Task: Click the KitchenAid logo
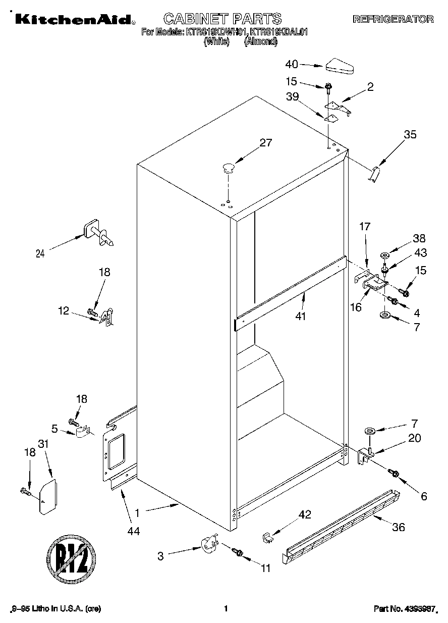74,19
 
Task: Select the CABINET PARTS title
222,19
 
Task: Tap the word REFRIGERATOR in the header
393,19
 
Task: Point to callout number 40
292,64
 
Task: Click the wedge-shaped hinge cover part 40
340,66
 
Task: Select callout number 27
265,142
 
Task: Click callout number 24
40,254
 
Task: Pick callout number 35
410,134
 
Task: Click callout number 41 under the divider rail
303,317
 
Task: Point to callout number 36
399,527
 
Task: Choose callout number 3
161,556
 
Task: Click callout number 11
265,568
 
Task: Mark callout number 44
134,530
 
